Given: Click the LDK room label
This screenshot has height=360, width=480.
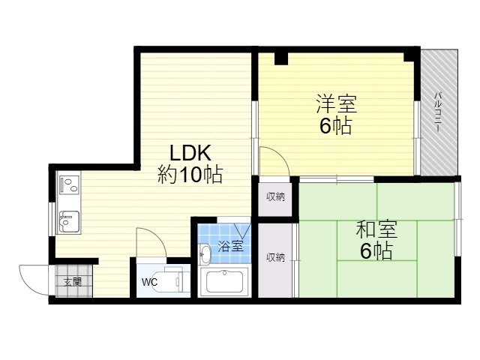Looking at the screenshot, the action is point(190,153).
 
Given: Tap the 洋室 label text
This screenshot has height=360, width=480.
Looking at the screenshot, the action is point(337,103).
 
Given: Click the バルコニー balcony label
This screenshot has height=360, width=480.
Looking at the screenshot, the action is point(437,112).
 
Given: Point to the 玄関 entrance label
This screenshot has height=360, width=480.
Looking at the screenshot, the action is point(73,282).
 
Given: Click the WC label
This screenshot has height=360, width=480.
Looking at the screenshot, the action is point(149,282).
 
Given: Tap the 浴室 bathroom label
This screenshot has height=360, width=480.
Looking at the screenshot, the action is point(230,246).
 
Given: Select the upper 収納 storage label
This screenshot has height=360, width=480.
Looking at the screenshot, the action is point(275,196).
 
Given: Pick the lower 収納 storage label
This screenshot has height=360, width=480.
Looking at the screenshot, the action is point(275,257).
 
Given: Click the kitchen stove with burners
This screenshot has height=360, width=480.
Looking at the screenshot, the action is point(69,184).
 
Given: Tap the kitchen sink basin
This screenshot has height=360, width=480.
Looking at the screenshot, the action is point(69,222).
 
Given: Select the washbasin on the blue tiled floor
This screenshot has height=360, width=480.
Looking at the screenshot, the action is point(205,254).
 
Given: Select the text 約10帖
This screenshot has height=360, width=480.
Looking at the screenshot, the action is point(190,175).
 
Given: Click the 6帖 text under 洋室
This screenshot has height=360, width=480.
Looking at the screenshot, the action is point(335,126).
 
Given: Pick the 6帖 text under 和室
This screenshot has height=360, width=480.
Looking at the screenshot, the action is point(376,250).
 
